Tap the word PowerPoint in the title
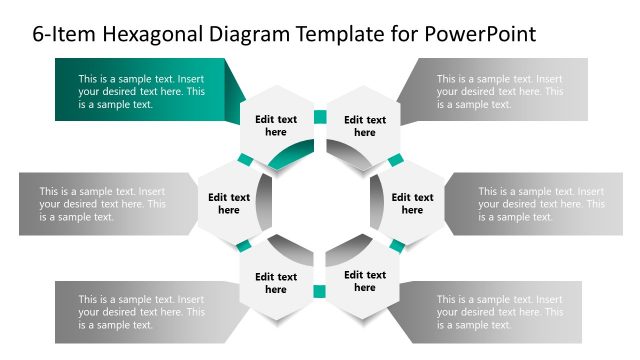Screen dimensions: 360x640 tap(481, 34)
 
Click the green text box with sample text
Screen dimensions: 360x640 tap(140, 91)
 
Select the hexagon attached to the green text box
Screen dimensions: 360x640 tap(275, 125)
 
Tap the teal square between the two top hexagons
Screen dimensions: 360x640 tap(320, 117)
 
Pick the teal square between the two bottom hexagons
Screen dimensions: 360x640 tap(320, 291)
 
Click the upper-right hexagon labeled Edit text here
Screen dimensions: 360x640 tap(365, 125)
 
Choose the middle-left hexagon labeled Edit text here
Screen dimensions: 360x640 tap(229, 203)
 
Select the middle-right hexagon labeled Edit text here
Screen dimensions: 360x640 tap(412, 203)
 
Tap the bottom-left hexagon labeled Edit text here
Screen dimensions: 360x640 tap(275, 283)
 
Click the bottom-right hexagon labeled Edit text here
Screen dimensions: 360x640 tap(365, 281)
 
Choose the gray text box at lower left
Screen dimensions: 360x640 tap(140, 311)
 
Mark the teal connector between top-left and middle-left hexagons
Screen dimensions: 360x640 tap(245, 160)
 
